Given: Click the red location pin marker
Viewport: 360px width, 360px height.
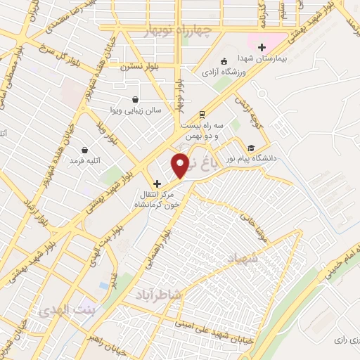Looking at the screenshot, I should pos(181,165).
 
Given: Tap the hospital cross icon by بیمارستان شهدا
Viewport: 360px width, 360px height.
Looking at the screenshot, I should pos(262,47).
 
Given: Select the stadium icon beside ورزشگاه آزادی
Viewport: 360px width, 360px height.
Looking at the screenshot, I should pos(224,60).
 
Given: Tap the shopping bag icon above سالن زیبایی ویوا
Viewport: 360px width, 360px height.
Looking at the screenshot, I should pos(135,99).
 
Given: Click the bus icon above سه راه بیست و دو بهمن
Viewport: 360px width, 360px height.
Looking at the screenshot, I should pos(202,113).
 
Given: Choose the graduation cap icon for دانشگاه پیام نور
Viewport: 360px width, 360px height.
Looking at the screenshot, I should pos(251,148).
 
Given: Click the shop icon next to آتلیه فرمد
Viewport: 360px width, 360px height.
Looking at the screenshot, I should pos(85,150).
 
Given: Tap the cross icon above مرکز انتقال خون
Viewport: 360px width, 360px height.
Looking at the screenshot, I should pos(157,184).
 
